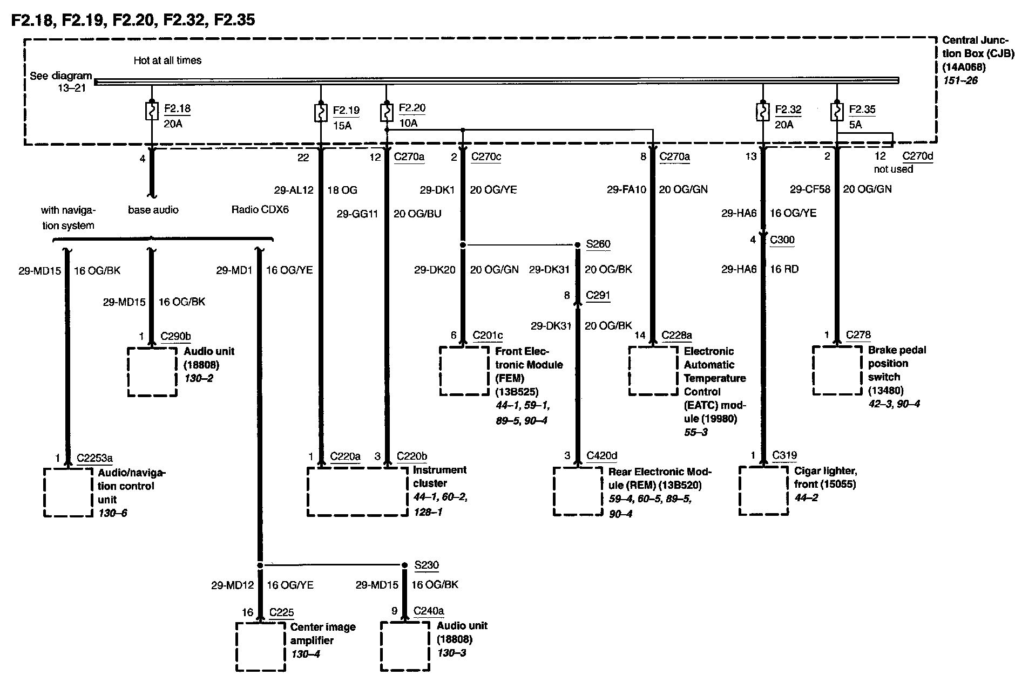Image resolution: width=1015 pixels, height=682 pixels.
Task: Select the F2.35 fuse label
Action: pos(862,110)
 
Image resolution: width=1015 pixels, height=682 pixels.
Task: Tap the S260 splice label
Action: pos(598,244)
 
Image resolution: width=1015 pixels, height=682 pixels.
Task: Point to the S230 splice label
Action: pos(427,565)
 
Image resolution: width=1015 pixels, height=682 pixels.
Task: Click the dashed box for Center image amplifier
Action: pos(261,646)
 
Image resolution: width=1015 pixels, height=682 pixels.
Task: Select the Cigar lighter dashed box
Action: pos(763,490)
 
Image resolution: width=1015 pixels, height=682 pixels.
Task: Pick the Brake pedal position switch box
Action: pos(837,371)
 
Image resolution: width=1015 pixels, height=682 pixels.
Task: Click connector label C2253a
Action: pos(94,458)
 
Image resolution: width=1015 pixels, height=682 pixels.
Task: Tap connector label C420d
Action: pos(602,455)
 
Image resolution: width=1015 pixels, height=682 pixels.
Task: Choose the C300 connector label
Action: pos(782,240)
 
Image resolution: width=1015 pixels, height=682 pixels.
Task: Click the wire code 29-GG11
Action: pos(357,214)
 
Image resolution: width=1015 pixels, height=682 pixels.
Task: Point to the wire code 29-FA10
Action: pos(626,189)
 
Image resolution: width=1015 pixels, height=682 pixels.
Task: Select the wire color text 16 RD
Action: pos(784,269)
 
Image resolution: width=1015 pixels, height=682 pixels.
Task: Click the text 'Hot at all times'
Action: pos(167,60)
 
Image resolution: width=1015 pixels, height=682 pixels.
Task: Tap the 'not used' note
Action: pos(894,169)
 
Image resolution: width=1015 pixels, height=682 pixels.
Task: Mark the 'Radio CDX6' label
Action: pos(260,209)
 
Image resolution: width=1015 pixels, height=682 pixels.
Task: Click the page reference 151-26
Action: pos(960,80)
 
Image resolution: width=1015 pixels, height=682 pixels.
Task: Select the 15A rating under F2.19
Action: pos(342,125)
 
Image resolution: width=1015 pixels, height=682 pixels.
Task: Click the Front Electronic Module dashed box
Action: pos(464,371)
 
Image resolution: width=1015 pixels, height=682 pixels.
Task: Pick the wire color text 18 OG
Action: pos(342,189)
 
